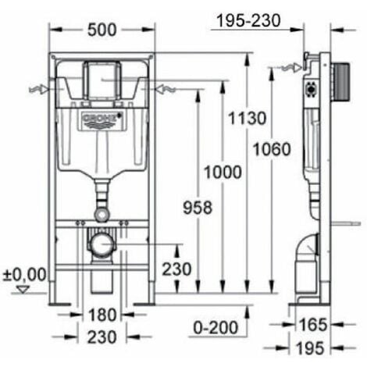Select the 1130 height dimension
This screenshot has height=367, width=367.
pyautogui.click(x=248, y=119)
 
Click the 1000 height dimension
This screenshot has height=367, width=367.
pyautogui.click(x=224, y=173)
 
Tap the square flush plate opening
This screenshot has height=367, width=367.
pyautogui.click(x=101, y=77)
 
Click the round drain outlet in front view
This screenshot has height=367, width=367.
pyautogui.click(x=101, y=245)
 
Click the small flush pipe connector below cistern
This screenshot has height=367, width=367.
pyautogui.click(x=101, y=213)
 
